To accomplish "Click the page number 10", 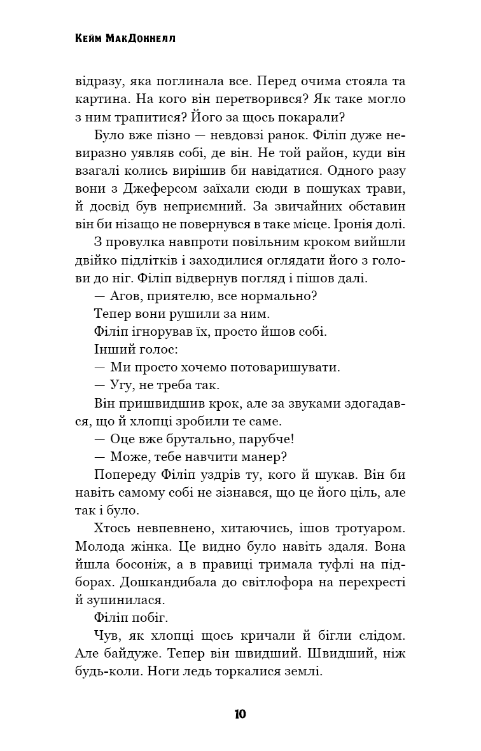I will click(x=240, y=713).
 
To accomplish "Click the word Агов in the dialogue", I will click(x=125, y=296).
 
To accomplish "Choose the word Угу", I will click(x=123, y=385).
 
